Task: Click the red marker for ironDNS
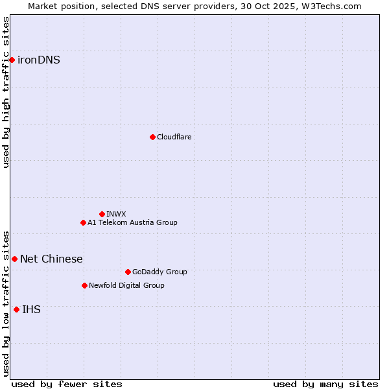coord(12,60)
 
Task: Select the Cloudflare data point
coord(152,137)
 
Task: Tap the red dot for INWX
coord(102,214)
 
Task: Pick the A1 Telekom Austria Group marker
coord(83,222)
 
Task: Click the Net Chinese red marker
coord(14,259)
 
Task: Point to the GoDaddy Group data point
coord(128,272)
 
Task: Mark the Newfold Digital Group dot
coord(84,285)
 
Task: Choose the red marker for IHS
coord(16,309)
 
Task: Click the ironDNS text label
coord(39,60)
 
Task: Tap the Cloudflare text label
coord(174,137)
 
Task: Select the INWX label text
coord(116,214)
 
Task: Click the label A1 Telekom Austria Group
coord(132,222)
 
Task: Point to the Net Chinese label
coord(51,259)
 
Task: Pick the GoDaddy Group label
coord(159,272)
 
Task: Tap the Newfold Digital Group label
coord(126,285)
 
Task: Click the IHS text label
coord(31,309)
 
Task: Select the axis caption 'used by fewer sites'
coord(67,384)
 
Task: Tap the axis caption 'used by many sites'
coord(325,384)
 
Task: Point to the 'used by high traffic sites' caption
coord(6,92)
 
